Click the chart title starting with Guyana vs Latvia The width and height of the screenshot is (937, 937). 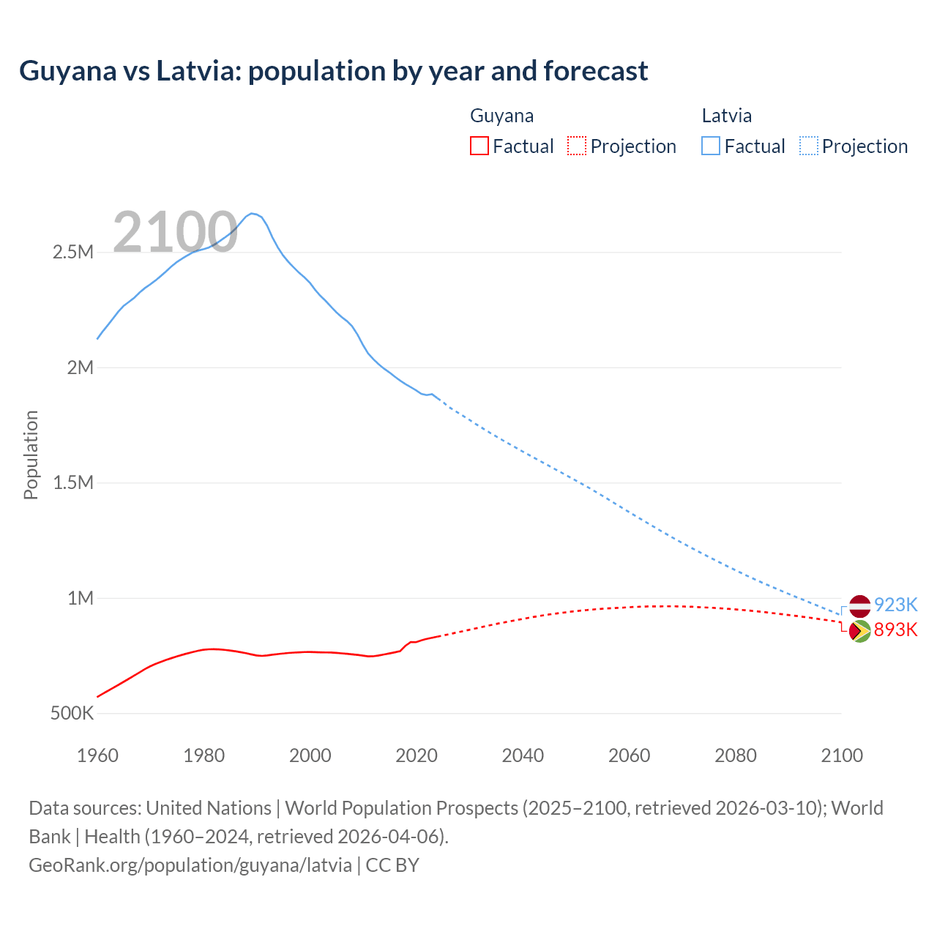click(334, 71)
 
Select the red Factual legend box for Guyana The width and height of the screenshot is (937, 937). click(479, 146)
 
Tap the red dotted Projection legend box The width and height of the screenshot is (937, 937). click(577, 146)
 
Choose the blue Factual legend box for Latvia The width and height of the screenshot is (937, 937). click(711, 146)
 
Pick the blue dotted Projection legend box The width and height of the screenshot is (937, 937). click(809, 146)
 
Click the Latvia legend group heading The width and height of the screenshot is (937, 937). click(726, 116)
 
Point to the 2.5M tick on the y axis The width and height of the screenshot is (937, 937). click(73, 253)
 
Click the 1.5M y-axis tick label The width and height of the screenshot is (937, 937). click(73, 483)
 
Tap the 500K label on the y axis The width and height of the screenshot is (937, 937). click(72, 713)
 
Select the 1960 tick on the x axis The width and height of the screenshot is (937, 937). click(97, 755)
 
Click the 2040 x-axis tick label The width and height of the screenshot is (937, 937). click(523, 755)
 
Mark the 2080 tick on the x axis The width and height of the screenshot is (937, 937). click(736, 755)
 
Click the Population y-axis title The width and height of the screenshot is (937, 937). click(31, 455)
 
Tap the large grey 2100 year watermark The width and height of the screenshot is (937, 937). click(175, 232)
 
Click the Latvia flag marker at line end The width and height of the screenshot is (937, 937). click(859, 606)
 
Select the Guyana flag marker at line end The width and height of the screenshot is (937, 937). click(859, 631)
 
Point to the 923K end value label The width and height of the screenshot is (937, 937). click(895, 605)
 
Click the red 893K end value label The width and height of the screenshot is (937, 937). click(895, 630)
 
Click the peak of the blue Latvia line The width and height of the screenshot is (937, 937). click(252, 213)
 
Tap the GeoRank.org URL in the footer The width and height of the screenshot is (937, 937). click(190, 865)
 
